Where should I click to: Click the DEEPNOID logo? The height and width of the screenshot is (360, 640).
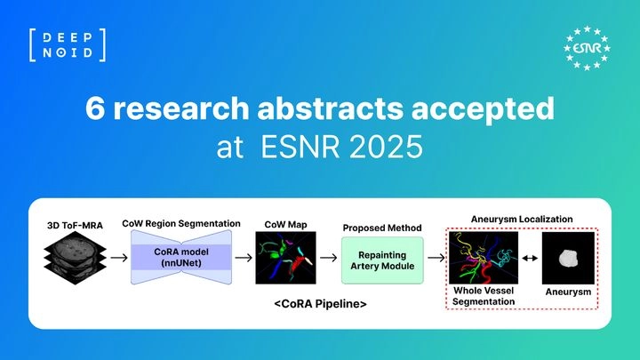68,45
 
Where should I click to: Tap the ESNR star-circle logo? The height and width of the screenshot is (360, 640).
587,48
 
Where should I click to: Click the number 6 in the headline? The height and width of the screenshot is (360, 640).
95,108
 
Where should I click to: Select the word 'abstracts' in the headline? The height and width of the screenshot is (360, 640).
330,108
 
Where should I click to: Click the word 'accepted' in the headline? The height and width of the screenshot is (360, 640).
483,109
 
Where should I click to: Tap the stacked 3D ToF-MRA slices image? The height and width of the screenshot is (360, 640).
75,258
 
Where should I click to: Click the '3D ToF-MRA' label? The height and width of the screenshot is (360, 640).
75,225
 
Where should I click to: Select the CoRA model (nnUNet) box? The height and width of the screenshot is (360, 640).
181,257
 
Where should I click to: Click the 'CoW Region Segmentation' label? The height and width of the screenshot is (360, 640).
181,224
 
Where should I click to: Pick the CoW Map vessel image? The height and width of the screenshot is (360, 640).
285,258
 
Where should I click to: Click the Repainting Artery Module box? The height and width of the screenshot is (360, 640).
382,260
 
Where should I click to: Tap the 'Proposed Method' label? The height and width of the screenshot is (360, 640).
382,228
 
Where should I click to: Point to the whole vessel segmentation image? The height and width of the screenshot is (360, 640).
484,258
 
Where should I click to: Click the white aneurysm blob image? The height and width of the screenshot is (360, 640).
568,258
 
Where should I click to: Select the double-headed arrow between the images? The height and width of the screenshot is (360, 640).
530,258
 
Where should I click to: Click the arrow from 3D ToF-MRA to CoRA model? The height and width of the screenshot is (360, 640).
119,258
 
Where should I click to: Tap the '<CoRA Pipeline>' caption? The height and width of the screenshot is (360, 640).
320,304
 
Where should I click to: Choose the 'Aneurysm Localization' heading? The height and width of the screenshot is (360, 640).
522,220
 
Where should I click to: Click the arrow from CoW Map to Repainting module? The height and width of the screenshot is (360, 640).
329,258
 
